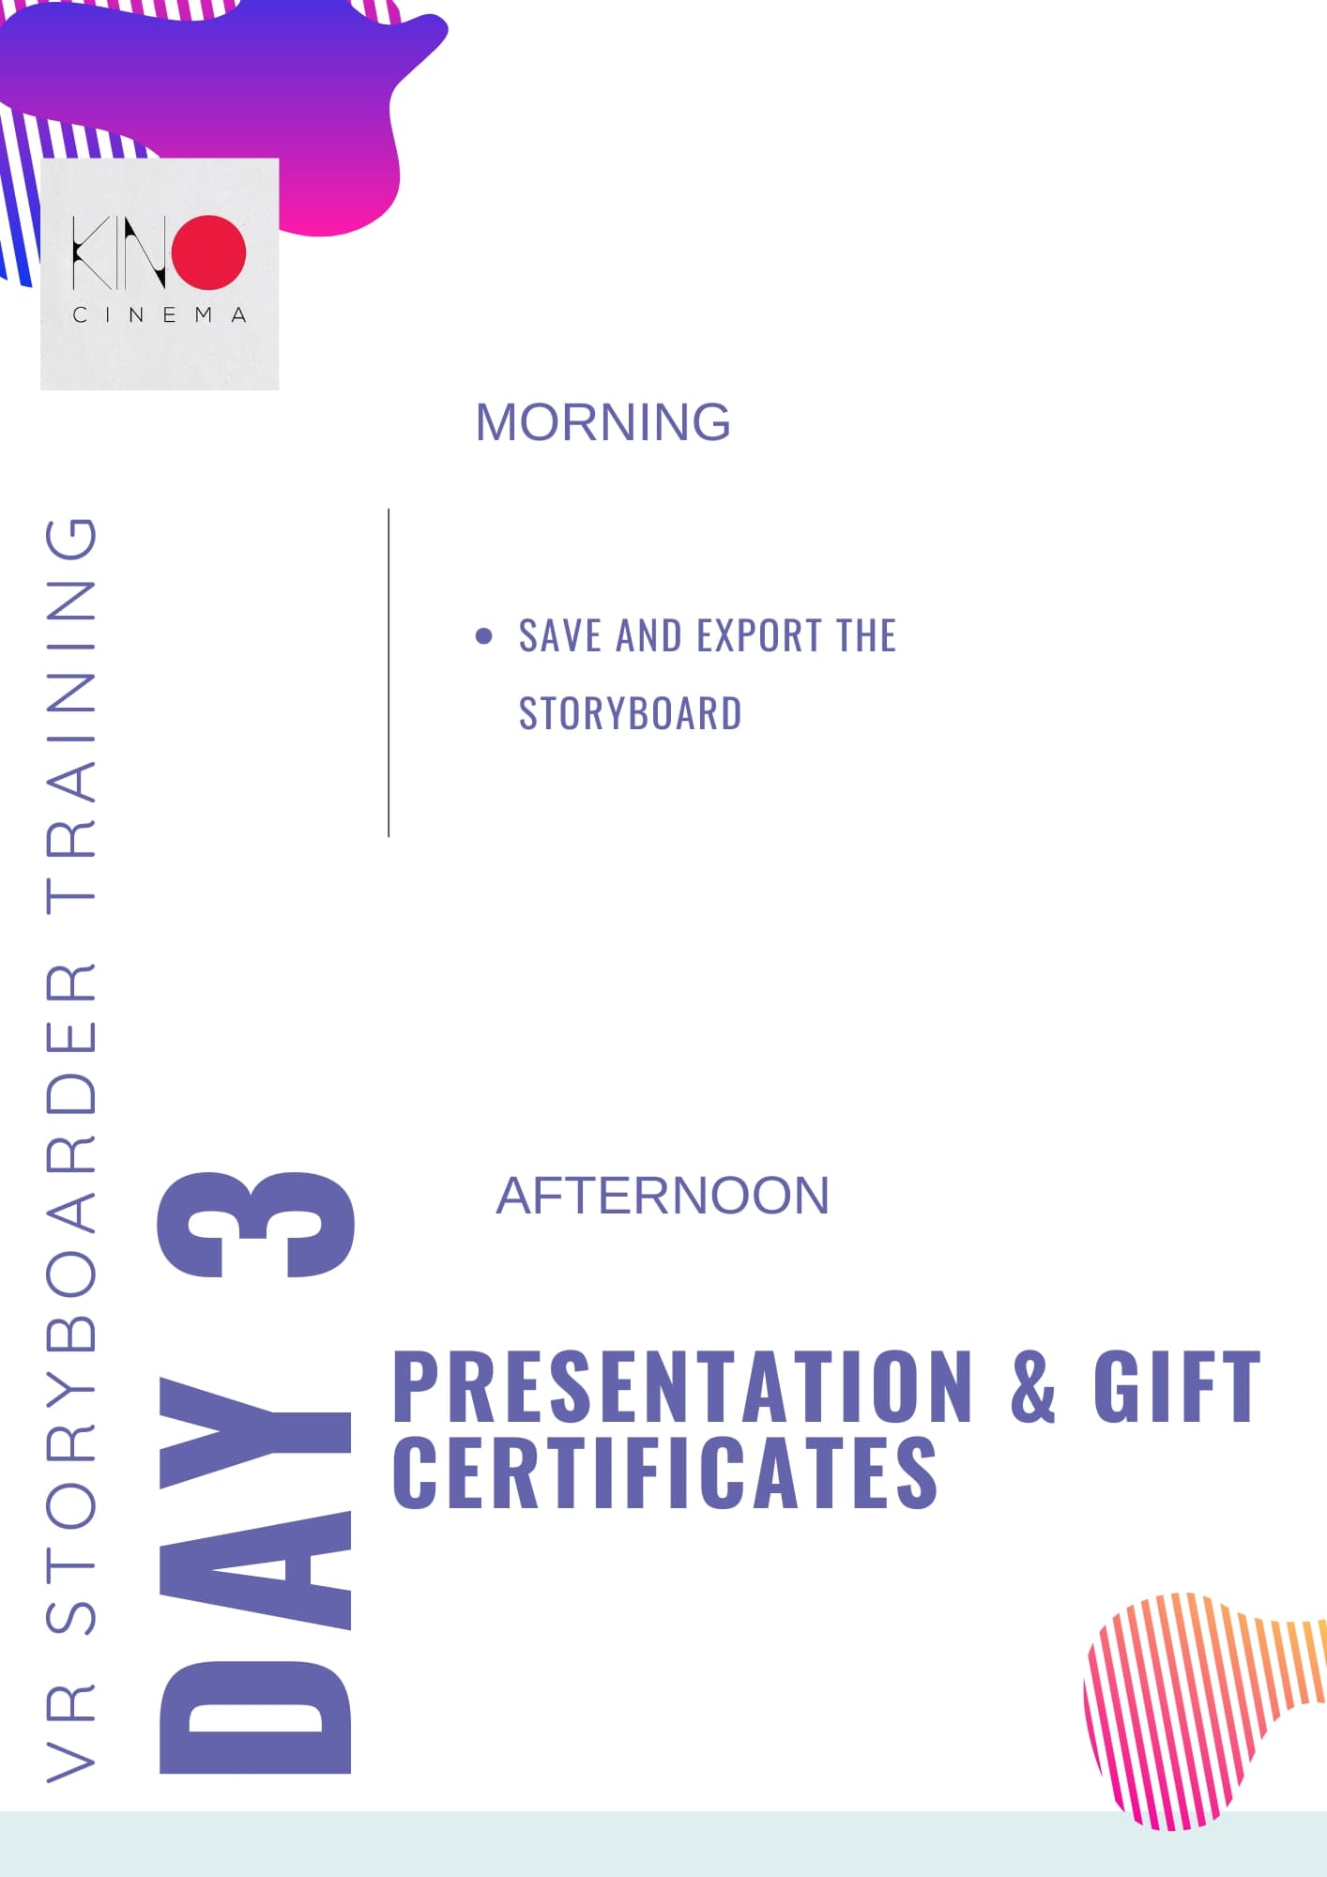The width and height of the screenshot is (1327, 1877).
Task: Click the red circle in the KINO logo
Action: click(208, 252)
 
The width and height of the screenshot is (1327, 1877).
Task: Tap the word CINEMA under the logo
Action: click(160, 315)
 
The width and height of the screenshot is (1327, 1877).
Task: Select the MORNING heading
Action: click(602, 422)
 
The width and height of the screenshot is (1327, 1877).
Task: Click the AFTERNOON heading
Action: click(663, 1196)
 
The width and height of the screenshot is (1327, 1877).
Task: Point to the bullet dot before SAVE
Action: click(484, 636)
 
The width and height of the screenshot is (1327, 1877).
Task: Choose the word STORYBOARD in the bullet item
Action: click(631, 713)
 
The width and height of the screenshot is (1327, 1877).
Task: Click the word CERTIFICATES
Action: click(665, 1473)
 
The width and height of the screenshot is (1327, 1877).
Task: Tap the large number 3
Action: click(256, 1225)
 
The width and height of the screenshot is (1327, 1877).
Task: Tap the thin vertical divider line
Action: click(389, 673)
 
